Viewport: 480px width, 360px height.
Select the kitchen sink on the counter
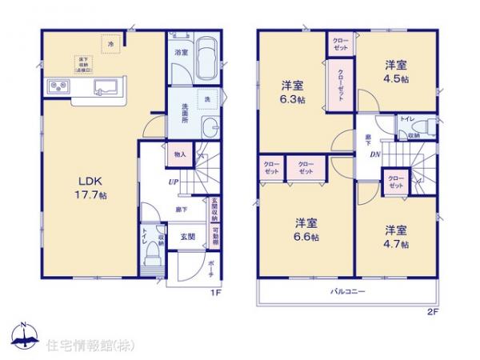point(104,86)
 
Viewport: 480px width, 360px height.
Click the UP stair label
point(172,182)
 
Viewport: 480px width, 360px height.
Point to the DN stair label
point(374,154)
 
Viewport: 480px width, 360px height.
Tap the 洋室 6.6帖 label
point(305,230)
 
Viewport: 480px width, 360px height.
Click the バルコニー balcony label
point(348,293)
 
